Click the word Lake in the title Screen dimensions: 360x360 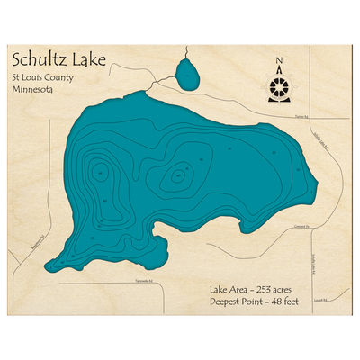click(x=91, y=61)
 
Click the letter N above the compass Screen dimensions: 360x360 click(x=279, y=61)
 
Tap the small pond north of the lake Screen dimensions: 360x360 click(x=188, y=75)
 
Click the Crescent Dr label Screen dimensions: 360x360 click(x=301, y=227)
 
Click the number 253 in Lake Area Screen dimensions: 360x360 click(x=271, y=289)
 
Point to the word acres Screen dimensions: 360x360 click(x=296, y=289)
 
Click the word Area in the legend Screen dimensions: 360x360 click(x=239, y=289)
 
